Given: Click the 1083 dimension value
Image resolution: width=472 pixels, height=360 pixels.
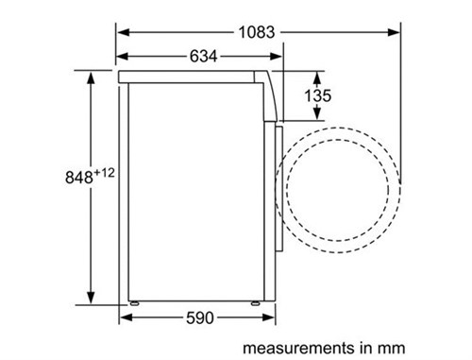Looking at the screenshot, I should tap(258, 31).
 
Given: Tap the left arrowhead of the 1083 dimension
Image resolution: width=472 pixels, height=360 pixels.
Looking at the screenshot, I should tap(124, 31).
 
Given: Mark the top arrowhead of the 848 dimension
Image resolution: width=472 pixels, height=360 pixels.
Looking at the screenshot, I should tap(91, 74).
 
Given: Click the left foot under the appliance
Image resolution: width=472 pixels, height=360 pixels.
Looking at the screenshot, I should tap(136, 303).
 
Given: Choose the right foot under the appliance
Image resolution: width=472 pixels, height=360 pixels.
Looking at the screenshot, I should tap(257, 303).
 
